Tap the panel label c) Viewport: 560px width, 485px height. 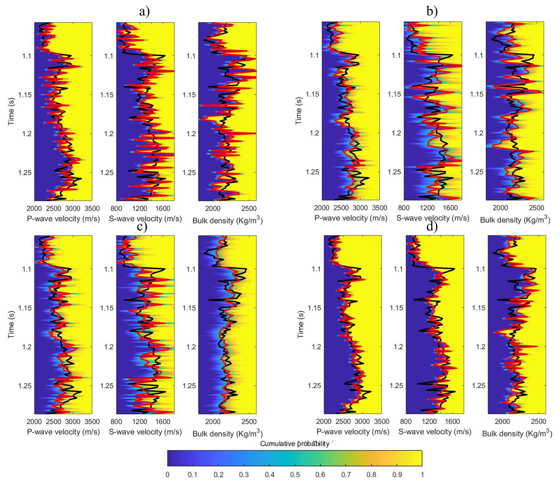tap(142, 227)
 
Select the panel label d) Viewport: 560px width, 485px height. tap(432, 227)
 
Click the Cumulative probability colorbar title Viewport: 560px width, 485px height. tap(295, 443)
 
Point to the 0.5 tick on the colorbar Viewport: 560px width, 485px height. tap(295, 475)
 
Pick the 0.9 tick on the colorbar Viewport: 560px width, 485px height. tap(397, 475)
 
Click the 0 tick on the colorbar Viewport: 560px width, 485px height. tap(168, 475)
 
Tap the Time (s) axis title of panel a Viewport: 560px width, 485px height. tap(11, 111)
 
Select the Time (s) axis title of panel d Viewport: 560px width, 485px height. tap(301, 325)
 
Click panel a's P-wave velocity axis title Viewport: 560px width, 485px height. tap(63, 219)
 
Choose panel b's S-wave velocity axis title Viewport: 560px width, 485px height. tap(433, 218)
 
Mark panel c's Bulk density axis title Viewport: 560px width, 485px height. tap(227, 434)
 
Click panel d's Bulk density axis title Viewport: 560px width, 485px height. tap(517, 434)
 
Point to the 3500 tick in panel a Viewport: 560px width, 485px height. tap(92, 208)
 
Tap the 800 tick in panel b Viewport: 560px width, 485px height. tap(404, 208)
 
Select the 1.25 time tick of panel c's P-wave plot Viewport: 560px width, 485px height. tap(24, 386)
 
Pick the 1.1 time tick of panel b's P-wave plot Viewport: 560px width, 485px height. tap(314, 55)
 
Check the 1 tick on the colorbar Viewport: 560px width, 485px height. tap(422, 475)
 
